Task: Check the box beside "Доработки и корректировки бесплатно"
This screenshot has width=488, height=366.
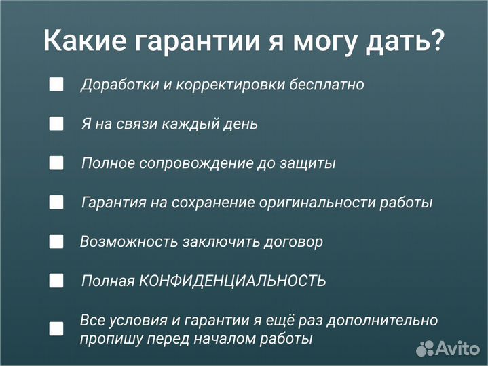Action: coord(56,85)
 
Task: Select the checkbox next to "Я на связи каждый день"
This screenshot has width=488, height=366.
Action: coord(56,124)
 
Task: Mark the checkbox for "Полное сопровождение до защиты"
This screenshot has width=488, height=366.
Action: coord(56,163)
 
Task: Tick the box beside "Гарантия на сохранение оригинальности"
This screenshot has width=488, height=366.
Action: coord(56,202)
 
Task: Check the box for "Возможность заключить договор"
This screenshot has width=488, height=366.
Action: coord(56,241)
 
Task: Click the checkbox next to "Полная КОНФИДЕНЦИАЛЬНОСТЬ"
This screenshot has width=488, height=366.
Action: coord(56,281)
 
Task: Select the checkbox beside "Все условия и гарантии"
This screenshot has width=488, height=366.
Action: coord(56,329)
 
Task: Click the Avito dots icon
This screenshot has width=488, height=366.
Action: coord(425,348)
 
